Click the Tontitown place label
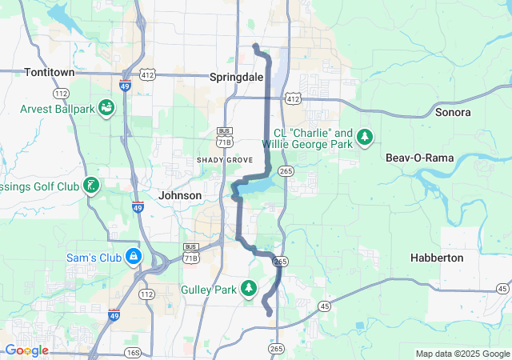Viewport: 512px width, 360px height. click(x=50, y=72)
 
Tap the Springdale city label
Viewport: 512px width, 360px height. click(x=236, y=78)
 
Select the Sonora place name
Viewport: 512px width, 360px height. click(x=453, y=112)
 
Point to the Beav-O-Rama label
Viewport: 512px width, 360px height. click(x=419, y=158)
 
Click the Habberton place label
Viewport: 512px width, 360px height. click(x=436, y=258)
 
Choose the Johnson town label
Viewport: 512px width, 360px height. click(x=180, y=195)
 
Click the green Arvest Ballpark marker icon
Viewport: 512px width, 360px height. click(x=106, y=108)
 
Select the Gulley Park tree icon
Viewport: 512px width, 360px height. click(x=250, y=288)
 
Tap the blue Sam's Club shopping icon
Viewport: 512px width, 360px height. click(x=134, y=258)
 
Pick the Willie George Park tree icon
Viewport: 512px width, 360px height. click(x=365, y=138)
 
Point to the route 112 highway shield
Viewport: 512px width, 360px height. click(x=146, y=294)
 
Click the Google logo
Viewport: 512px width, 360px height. click(x=26, y=350)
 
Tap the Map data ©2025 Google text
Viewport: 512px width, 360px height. click(x=462, y=354)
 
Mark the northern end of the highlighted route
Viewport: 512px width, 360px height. click(x=254, y=46)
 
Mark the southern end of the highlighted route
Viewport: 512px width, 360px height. click(x=270, y=314)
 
